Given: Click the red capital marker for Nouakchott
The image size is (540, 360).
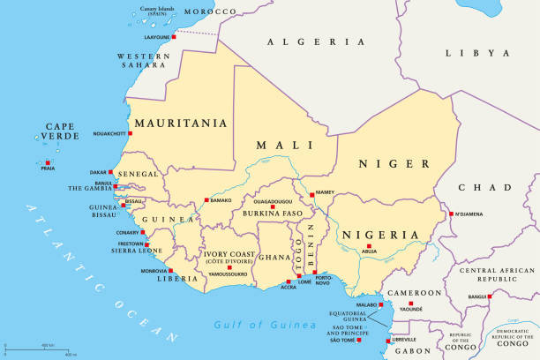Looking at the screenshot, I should [x=130, y=133].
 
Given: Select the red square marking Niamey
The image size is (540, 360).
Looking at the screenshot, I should [x=311, y=197].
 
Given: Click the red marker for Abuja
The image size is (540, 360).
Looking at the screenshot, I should [x=368, y=246].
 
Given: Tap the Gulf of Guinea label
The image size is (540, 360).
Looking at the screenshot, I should [x=265, y=326].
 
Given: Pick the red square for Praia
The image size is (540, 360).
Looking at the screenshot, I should [x=48, y=161].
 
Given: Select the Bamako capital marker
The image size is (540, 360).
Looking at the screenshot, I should [x=206, y=200].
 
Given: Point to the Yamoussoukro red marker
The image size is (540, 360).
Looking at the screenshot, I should [x=229, y=267].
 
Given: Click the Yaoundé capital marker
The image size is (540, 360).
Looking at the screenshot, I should [x=410, y=304].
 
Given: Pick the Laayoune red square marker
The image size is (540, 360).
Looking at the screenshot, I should [x=174, y=37].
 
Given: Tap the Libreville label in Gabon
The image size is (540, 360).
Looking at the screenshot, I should [x=404, y=340].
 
